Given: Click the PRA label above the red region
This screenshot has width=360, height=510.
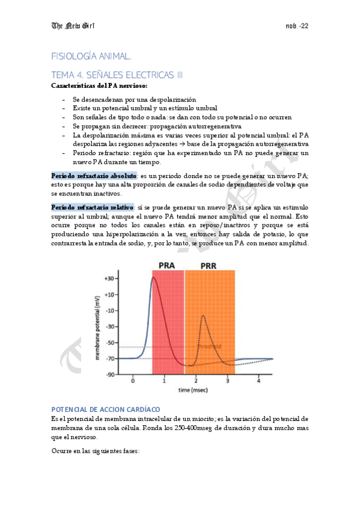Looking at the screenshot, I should (x=167, y=265).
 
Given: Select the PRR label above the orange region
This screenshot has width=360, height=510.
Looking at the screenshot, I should (x=209, y=265).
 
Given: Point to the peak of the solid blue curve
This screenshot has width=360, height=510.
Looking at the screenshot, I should (x=154, y=277).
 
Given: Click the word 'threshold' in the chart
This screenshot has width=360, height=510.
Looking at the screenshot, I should (x=211, y=346).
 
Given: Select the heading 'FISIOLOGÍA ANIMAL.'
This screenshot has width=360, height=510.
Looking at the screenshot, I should (x=91, y=56).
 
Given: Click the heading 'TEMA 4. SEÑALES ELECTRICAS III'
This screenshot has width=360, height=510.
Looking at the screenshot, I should (x=117, y=75).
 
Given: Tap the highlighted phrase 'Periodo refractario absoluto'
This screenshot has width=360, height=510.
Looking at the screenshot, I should (x=94, y=175).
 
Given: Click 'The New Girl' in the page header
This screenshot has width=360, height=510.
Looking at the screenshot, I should (x=75, y=26).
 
